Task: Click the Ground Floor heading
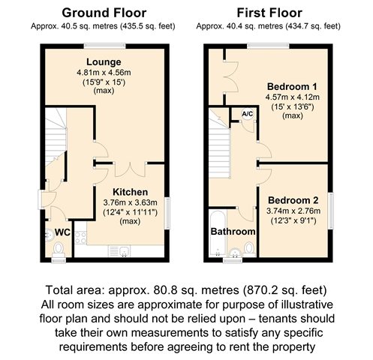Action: click(x=104, y=13)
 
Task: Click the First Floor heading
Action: click(x=269, y=13)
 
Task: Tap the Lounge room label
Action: click(x=104, y=62)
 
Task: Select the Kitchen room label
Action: click(x=131, y=192)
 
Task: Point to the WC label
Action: click(x=62, y=232)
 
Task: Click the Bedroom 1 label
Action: click(x=292, y=87)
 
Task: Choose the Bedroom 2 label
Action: click(x=293, y=200)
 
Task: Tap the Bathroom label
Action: click(x=233, y=232)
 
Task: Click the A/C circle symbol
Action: click(x=248, y=114)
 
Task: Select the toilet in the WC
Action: click(x=59, y=250)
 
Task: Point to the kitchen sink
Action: click(x=119, y=251)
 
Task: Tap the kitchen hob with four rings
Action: click(x=80, y=238)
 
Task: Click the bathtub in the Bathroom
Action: click(x=218, y=233)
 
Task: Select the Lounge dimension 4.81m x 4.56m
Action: click(x=104, y=73)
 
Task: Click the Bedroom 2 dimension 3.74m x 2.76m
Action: click(x=293, y=211)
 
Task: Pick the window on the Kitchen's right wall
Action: click(x=167, y=213)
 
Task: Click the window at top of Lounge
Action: click(x=104, y=46)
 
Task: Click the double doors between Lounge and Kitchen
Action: click(x=130, y=169)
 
